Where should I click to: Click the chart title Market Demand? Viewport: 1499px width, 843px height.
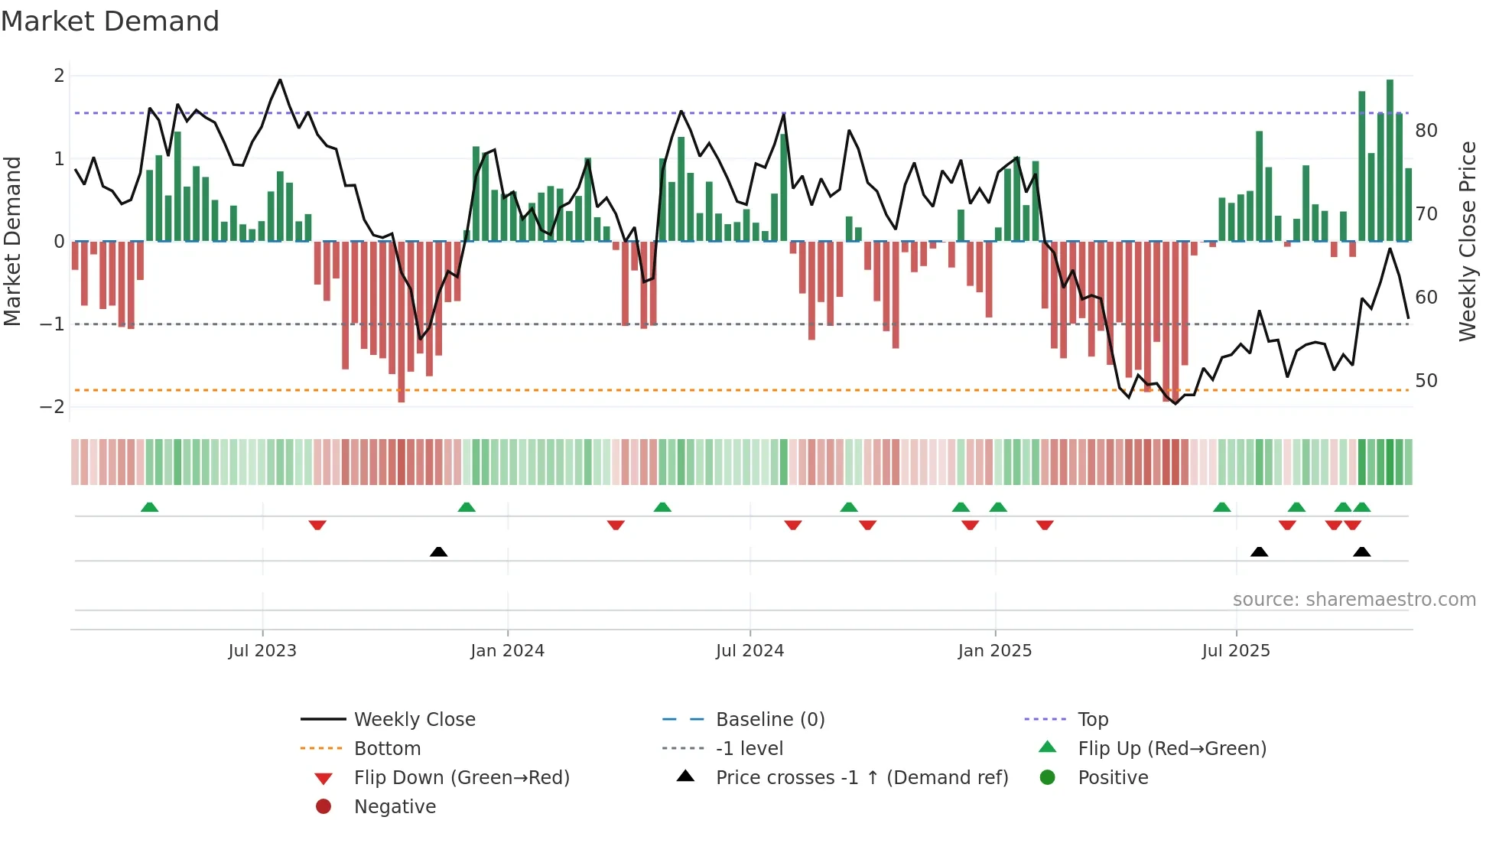pos(110,21)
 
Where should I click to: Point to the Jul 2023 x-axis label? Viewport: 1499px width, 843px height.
pos(262,651)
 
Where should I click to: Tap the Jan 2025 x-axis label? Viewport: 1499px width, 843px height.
pos(994,651)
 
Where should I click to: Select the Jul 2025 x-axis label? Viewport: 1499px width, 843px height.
pos(1236,651)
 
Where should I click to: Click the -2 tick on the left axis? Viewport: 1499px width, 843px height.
pos(52,407)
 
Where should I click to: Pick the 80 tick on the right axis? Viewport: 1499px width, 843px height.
pos(1426,131)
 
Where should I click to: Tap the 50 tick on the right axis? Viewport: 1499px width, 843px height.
pos(1426,381)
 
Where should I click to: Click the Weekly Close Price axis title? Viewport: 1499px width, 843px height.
pos(1467,241)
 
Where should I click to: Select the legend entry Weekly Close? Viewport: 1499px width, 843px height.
pos(414,720)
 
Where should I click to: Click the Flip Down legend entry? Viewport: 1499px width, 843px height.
pos(461,778)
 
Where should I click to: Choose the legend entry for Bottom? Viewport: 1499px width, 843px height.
pos(387,749)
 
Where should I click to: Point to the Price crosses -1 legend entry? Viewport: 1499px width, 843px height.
pos(861,778)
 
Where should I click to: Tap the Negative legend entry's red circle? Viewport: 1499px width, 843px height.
pos(324,807)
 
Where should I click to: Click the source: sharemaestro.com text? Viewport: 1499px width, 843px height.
pos(1354,600)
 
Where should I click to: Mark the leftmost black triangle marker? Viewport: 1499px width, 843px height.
pos(438,552)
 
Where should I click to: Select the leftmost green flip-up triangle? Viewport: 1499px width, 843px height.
pos(150,507)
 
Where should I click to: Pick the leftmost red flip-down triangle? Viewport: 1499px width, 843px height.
pos(317,525)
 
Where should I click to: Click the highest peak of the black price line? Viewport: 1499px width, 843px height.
pos(280,80)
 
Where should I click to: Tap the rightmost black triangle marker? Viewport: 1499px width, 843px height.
pos(1361,552)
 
